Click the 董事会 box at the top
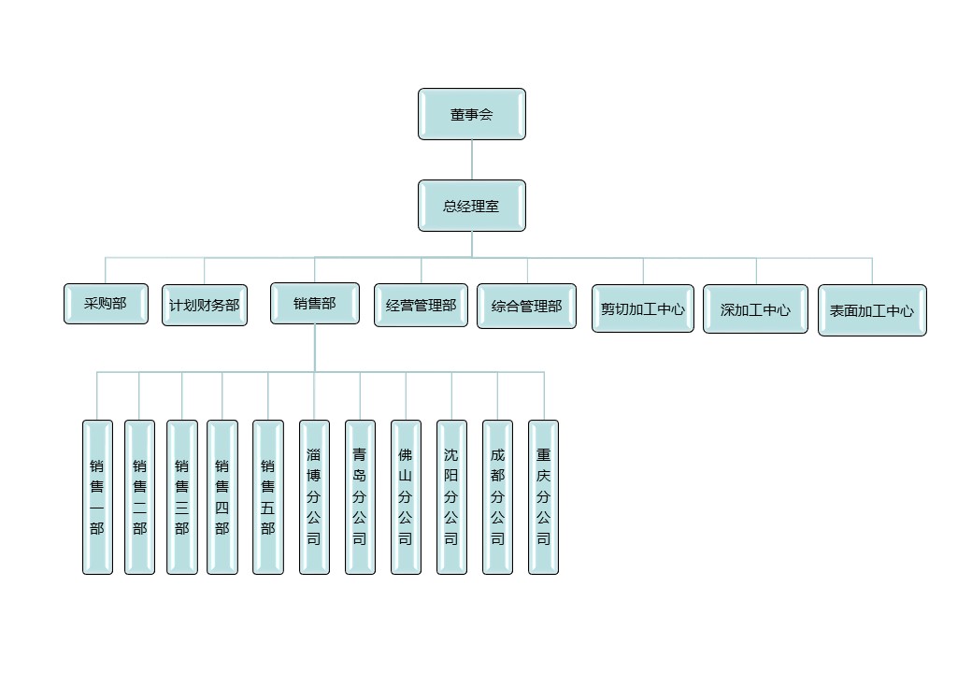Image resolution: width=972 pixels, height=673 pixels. (x=472, y=114)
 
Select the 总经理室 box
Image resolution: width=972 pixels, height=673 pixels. (x=472, y=206)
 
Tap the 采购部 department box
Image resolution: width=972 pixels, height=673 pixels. (x=106, y=304)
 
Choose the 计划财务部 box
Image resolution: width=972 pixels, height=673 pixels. (x=205, y=305)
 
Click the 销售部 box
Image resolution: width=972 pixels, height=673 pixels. (x=315, y=303)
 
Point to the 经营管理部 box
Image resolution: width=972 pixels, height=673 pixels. (x=421, y=305)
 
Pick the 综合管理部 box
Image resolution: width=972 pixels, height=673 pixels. (x=526, y=306)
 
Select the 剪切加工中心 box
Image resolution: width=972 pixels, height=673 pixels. (x=643, y=308)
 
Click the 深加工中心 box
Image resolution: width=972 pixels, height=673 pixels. (x=755, y=309)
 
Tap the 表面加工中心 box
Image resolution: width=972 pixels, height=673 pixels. (x=872, y=310)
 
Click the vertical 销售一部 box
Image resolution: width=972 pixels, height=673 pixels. (x=97, y=496)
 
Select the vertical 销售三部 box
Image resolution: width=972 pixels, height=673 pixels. (x=182, y=496)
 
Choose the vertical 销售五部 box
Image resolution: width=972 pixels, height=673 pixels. (x=268, y=496)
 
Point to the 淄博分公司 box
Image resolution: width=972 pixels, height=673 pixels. (x=314, y=496)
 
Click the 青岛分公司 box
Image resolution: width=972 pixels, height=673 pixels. (x=360, y=496)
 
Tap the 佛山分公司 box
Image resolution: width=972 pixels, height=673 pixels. (x=406, y=496)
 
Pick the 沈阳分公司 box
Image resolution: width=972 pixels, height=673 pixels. (x=451, y=496)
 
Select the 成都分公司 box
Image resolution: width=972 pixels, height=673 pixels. (x=497, y=496)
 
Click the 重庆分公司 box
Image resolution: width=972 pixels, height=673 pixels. (x=543, y=496)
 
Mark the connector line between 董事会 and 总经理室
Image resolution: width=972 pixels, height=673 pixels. (x=472, y=160)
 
